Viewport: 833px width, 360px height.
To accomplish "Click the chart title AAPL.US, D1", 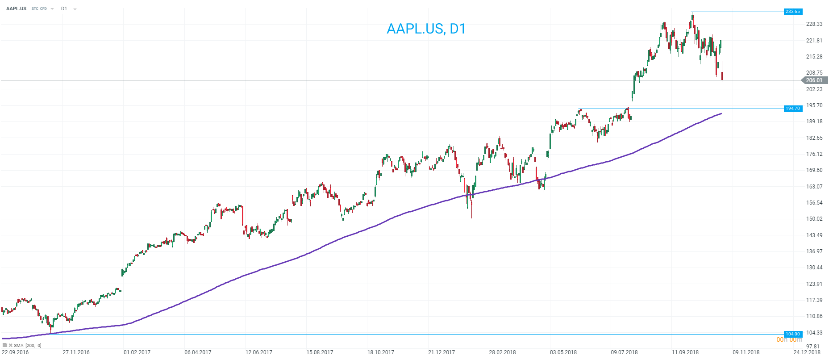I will [x=426, y=29].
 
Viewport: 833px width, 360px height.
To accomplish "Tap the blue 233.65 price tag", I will [x=793, y=12].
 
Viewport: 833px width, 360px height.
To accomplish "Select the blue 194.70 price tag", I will [x=793, y=109].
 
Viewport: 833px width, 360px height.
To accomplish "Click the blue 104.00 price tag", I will [x=793, y=334].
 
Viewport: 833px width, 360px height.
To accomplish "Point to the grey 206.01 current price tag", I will [x=814, y=80].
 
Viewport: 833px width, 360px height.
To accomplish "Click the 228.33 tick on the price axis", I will [x=814, y=24].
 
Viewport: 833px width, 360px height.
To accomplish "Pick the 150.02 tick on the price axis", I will [x=814, y=219].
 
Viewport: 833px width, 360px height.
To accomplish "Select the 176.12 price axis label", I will [x=814, y=154].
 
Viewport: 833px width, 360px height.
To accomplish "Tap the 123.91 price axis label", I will [x=814, y=284].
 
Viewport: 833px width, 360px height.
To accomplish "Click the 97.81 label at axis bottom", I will [x=813, y=347].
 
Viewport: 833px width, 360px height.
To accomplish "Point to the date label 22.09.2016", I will [x=15, y=352].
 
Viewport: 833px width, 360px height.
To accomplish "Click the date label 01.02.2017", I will [x=137, y=352].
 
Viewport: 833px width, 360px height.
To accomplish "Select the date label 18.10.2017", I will [x=381, y=352].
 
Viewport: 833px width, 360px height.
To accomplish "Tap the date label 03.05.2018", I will [x=563, y=352].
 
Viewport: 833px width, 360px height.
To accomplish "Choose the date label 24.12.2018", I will [x=807, y=352].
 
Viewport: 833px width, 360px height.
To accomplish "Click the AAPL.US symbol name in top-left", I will [x=16, y=8].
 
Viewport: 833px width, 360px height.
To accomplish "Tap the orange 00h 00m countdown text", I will [x=789, y=340].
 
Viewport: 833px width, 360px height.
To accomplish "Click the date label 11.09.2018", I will [x=685, y=352].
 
